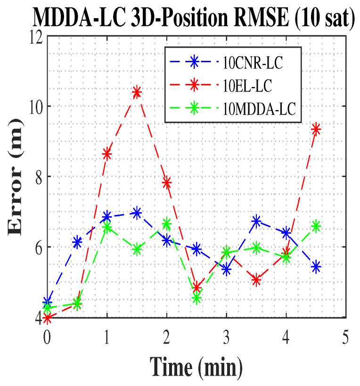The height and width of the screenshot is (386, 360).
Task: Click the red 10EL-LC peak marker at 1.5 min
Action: click(x=137, y=92)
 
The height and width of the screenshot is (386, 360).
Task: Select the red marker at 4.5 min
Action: click(x=316, y=129)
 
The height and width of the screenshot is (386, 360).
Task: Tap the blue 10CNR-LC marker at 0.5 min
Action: click(x=77, y=242)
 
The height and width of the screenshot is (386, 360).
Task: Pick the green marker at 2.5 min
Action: click(x=196, y=298)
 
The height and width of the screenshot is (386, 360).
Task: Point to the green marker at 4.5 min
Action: click(x=316, y=226)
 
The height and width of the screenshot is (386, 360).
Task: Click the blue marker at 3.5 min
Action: click(x=256, y=221)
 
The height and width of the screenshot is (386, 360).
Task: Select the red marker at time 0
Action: click(x=47, y=319)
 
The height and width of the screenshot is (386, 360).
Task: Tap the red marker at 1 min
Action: click(x=107, y=154)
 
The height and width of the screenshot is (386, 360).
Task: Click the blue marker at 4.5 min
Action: click(x=316, y=267)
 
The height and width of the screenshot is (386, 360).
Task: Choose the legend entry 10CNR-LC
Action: click(x=252, y=63)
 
